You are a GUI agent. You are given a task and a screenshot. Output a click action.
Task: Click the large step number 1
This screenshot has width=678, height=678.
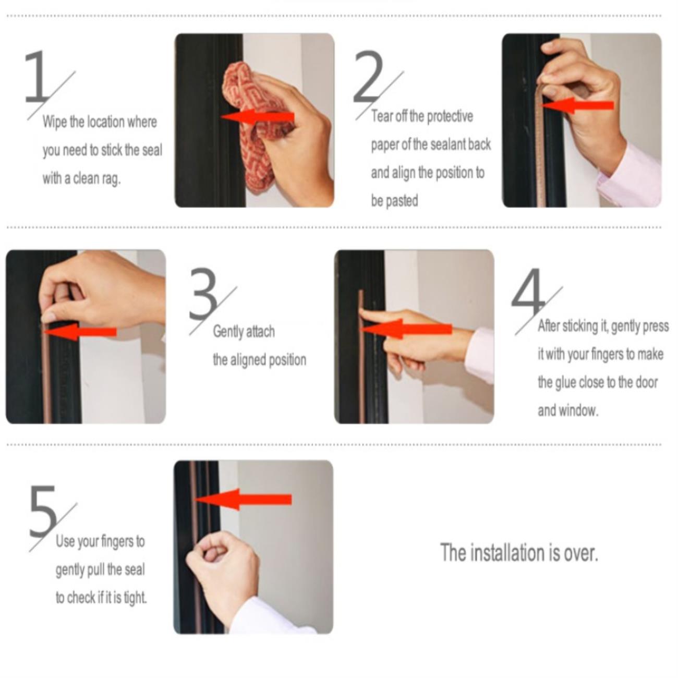click(38, 77)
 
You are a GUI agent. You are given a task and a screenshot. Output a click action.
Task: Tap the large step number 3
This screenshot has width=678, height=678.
click(203, 294)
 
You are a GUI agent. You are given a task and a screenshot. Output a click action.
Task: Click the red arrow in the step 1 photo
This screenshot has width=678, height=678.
click(258, 117)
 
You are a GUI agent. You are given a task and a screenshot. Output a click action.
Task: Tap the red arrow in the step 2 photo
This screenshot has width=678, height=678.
click(577, 105)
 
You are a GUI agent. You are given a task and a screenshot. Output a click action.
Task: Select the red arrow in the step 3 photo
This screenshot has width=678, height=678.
click(79, 332)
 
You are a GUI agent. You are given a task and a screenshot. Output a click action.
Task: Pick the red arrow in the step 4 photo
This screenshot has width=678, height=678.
click(406, 329)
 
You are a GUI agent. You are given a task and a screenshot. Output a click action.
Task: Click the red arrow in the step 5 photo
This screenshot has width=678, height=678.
click(243, 499)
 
